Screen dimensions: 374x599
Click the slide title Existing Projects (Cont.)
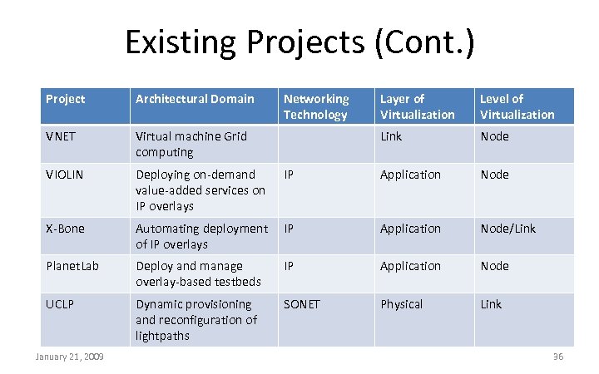coord(299,42)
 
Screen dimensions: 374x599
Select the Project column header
coord(66,99)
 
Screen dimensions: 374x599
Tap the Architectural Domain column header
coord(195,99)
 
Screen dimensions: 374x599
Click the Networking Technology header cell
coord(316,106)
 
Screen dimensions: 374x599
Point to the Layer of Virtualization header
coord(418,106)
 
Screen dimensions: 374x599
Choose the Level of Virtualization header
coord(517,106)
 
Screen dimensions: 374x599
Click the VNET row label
coord(61,136)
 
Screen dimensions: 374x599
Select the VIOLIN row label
coord(64,175)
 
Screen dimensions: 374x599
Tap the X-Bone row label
coord(65,229)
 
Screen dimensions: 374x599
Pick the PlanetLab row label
coord(68,266)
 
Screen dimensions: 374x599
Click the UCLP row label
coord(60,304)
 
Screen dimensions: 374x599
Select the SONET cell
coord(301,304)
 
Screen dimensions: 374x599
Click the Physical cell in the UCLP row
coord(402,304)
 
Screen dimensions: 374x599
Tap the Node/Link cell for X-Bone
coord(508,229)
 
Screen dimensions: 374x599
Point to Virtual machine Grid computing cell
coord(191,144)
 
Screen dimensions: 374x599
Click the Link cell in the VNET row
coord(391,136)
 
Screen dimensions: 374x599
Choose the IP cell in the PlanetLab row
coord(290,266)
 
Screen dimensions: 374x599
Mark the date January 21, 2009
coord(69,357)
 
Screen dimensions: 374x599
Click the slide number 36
coord(558,357)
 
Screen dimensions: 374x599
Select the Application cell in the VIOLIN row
coord(410,175)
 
